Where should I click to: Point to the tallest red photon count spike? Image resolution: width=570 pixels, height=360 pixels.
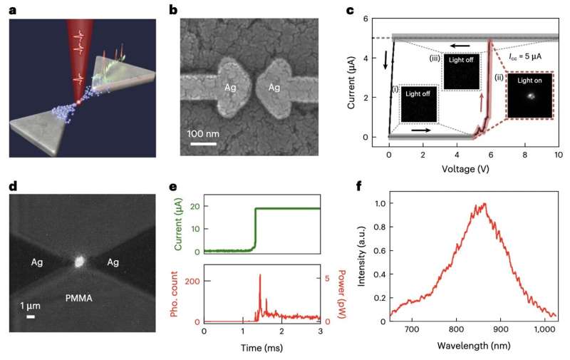click(x=260, y=276)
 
